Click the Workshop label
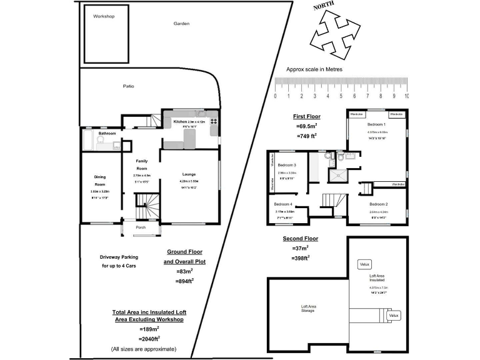click(x=104, y=16)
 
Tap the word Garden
click(x=181, y=24)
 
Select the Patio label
click(x=128, y=86)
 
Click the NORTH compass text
click(x=324, y=7)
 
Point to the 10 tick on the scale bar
click(x=407, y=96)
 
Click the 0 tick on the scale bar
click(x=275, y=96)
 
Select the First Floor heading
click(x=307, y=116)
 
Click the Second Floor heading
click(x=300, y=239)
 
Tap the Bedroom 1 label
click(x=377, y=125)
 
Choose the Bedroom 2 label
click(x=378, y=204)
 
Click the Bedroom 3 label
click(x=286, y=165)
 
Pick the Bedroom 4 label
click(x=283, y=204)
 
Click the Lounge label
click(x=189, y=174)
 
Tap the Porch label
click(x=141, y=228)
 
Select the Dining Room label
click(x=100, y=181)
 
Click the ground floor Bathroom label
click(x=107, y=133)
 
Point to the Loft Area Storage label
click(x=308, y=308)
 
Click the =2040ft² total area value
click(x=149, y=338)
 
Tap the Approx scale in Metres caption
click(x=314, y=69)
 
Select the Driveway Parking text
click(x=119, y=257)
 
